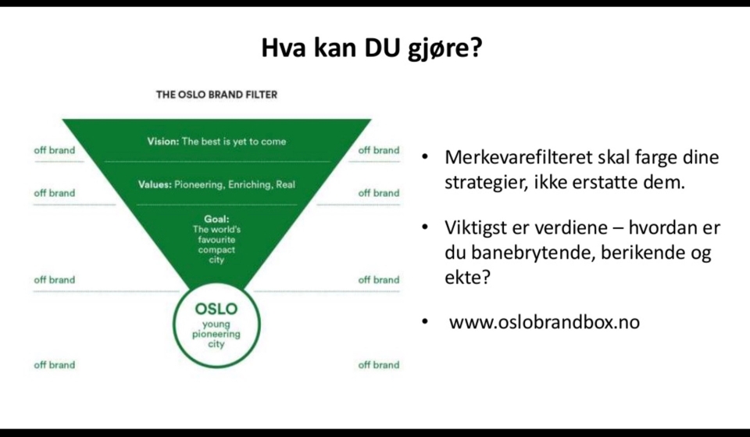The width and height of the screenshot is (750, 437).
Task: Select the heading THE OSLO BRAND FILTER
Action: [216, 95]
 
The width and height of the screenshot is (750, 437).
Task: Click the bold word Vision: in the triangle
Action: [163, 141]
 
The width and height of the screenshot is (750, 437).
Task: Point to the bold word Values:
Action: [155, 184]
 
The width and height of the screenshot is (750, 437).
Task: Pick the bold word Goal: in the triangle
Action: [216, 219]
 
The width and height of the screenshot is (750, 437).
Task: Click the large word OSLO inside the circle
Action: [216, 309]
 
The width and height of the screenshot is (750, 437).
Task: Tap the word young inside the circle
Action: [216, 325]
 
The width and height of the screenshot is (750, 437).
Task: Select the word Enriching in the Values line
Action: [250, 184]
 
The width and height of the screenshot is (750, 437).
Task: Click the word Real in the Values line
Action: [286, 184]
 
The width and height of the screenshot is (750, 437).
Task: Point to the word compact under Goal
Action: [216, 250]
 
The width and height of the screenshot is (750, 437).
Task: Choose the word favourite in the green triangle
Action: [216, 239]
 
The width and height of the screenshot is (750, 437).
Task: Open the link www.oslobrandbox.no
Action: [545, 322]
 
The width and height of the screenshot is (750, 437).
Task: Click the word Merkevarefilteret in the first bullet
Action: [516, 157]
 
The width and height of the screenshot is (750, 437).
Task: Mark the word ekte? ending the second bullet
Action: [467, 277]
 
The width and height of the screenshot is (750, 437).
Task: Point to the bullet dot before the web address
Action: [425, 321]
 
